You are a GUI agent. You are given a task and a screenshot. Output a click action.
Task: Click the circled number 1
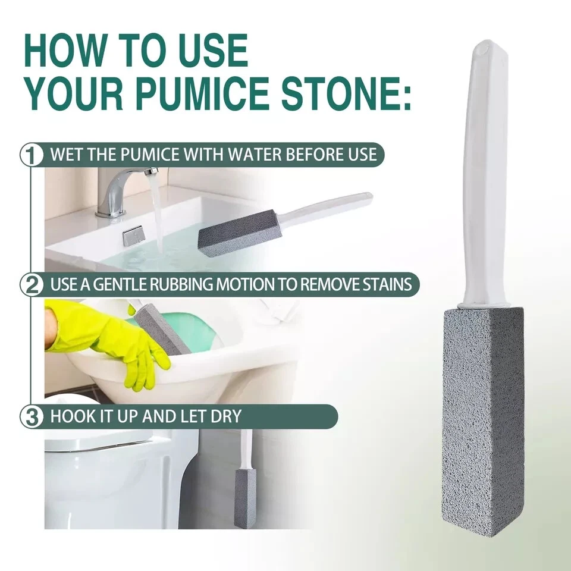pos(32,155)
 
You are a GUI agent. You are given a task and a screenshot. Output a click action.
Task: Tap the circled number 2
pos(32,284)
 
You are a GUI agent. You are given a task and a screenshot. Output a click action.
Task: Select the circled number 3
pos(32,416)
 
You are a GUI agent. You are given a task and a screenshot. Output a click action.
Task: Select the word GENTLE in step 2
pos(120,284)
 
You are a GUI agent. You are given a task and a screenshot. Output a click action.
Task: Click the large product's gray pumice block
pos(483,422)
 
